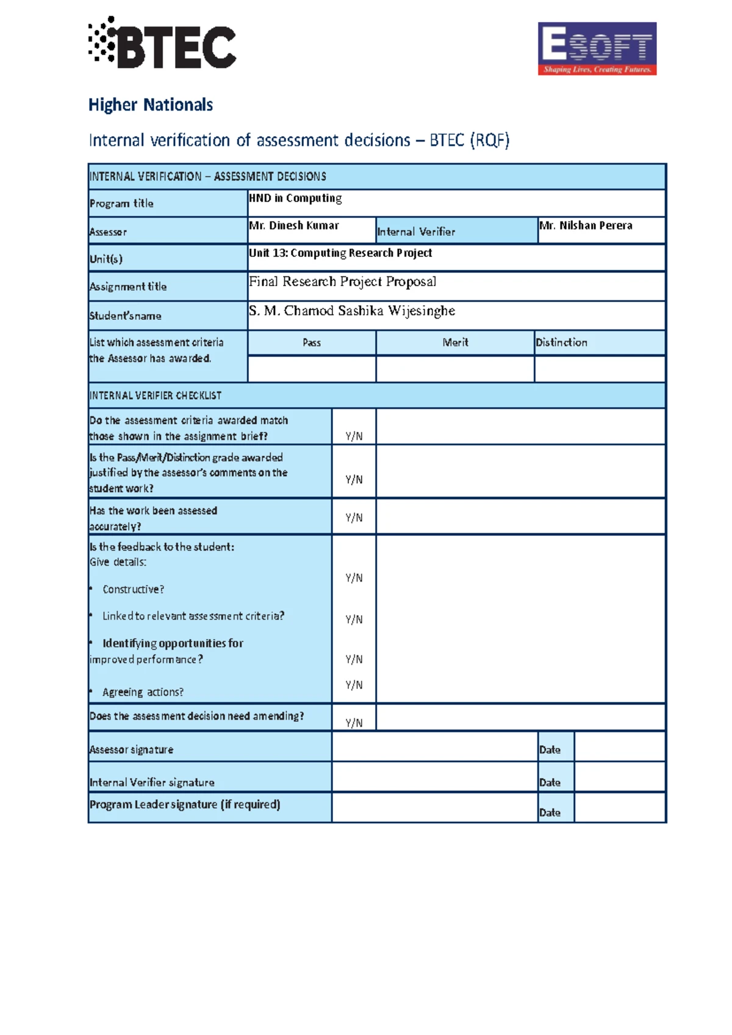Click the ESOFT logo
click(x=597, y=49)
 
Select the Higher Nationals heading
click(x=151, y=105)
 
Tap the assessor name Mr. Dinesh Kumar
click(x=294, y=226)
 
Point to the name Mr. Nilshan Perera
click(x=586, y=226)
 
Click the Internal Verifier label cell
click(x=416, y=232)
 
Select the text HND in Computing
click(x=295, y=198)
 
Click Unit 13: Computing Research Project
click(x=340, y=253)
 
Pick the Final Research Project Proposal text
click(x=342, y=281)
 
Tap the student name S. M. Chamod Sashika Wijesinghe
click(x=352, y=311)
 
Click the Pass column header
click(x=312, y=343)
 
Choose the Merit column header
click(x=455, y=343)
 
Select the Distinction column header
click(x=561, y=343)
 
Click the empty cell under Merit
click(x=455, y=369)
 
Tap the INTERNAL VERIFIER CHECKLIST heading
click(x=156, y=396)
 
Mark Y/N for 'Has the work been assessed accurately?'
click(x=354, y=517)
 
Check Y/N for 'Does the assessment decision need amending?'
click(x=354, y=723)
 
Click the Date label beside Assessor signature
click(x=550, y=750)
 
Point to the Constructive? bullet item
click(x=133, y=590)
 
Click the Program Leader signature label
click(x=185, y=805)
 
